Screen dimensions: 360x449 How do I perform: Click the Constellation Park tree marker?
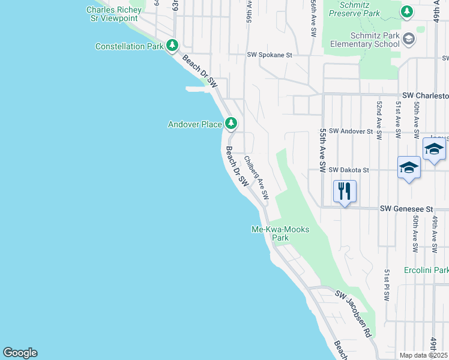click(x=172, y=46)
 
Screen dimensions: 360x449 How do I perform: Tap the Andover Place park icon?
click(x=231, y=125)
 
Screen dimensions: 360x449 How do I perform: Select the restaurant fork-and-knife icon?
click(x=345, y=192)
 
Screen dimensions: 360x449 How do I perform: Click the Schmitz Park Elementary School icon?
click(x=409, y=39)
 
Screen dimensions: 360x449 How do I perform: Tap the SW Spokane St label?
click(x=269, y=55)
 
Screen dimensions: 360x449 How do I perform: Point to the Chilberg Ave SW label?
click(x=256, y=178)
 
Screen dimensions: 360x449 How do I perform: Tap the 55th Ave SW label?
click(x=323, y=151)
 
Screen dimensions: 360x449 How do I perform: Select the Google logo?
click(x=20, y=353)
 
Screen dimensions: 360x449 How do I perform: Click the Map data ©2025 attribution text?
click(x=424, y=355)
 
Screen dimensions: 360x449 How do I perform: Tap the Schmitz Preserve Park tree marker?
click(x=407, y=11)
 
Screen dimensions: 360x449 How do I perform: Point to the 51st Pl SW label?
click(x=387, y=284)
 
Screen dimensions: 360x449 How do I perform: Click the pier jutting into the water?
click(x=199, y=89)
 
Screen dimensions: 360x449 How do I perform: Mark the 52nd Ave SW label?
click(x=379, y=121)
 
